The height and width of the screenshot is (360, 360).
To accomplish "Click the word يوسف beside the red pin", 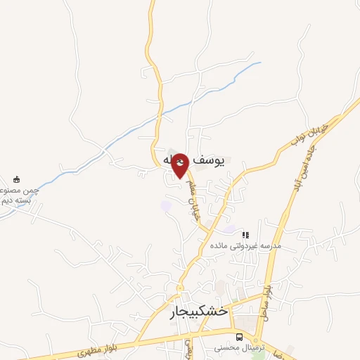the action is coord(207,161).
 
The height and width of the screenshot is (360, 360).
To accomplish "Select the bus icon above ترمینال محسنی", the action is coord(239,337).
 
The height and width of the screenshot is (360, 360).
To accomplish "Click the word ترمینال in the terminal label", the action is coord(253,347).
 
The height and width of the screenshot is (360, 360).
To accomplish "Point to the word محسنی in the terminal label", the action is coord(228,347).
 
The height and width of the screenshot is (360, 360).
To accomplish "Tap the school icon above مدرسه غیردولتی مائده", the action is coord(245,235).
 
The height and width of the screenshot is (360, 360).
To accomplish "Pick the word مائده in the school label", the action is coord(219,245).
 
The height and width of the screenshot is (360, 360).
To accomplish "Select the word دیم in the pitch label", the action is coord(7,200).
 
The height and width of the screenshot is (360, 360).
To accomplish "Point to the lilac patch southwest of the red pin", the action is coord(166,206).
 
